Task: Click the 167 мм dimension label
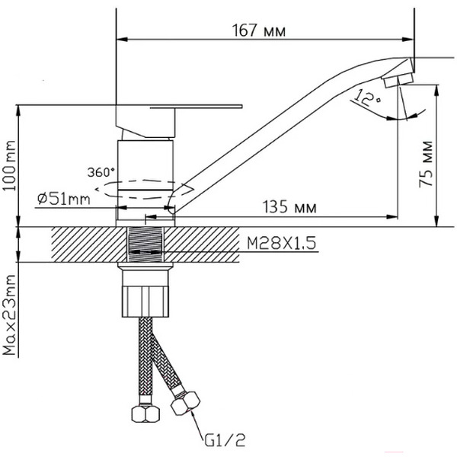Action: [x=259, y=30]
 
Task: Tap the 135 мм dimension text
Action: [x=289, y=207]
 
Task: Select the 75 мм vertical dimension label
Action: [x=426, y=164]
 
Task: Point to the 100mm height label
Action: [x=9, y=165]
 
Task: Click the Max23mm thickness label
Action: [x=9, y=315]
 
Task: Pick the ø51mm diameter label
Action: [x=64, y=199]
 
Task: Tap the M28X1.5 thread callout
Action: [x=282, y=243]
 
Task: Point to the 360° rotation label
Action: [x=101, y=172]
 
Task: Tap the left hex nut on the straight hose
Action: [x=145, y=414]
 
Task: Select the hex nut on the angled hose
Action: [x=185, y=404]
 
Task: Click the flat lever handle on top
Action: [x=179, y=106]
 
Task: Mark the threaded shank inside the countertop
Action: [x=145, y=244]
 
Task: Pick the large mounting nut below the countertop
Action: [x=145, y=302]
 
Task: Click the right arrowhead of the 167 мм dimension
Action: [x=408, y=40]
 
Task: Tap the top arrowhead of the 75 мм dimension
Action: [x=436, y=91]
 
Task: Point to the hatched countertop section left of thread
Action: [x=89, y=244]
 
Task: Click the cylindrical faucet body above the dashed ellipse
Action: [x=145, y=160]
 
